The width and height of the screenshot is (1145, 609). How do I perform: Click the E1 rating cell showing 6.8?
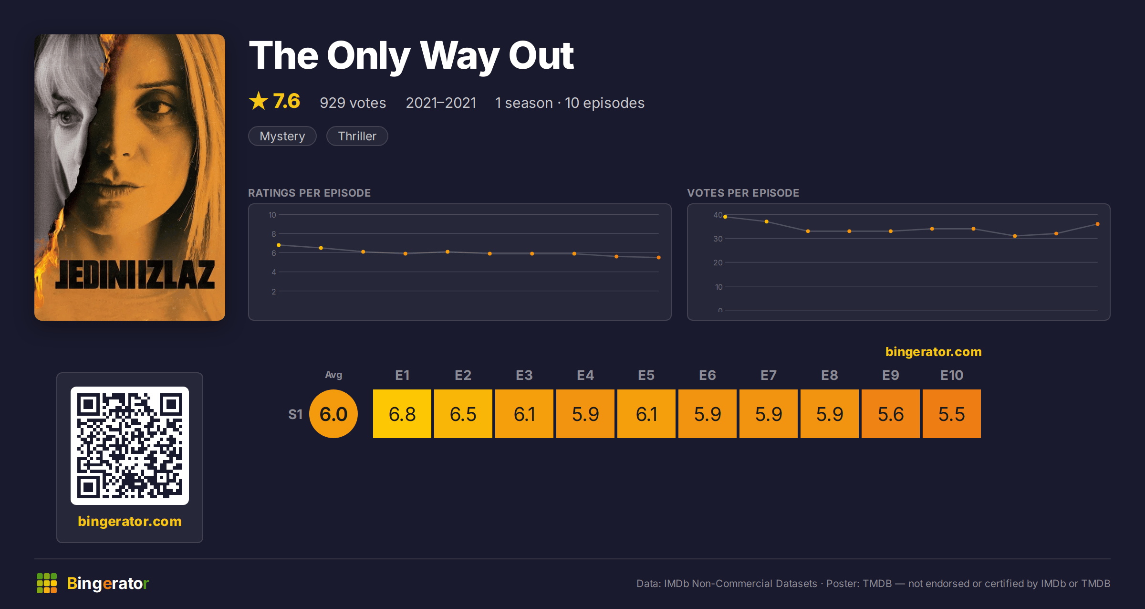pos(402,414)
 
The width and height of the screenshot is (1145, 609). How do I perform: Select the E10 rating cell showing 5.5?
pos(951,414)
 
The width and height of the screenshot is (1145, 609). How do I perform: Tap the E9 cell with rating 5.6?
pos(890,414)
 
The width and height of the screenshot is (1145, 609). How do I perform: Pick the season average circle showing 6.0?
pos(333,414)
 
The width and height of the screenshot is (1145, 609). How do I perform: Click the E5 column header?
pos(646,375)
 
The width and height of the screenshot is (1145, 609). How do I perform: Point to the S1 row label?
pos(295,414)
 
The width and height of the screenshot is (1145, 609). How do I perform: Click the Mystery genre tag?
pos(282,136)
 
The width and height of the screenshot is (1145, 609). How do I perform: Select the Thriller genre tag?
pos(357,136)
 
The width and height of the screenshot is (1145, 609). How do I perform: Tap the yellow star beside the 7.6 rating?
pos(259,101)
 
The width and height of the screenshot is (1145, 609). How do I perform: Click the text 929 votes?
pos(353,103)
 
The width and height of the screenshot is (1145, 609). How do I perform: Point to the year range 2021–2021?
pos(441,103)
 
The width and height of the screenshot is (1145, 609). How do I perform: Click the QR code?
pos(130,446)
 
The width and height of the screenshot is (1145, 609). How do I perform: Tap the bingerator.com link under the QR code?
pos(130,521)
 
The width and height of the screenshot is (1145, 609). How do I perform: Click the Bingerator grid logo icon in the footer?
pos(47,583)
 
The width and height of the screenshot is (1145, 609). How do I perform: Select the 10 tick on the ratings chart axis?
pos(272,215)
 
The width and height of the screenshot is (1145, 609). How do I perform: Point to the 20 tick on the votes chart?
pos(718,262)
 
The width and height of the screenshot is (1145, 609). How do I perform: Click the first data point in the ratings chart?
pos(279,245)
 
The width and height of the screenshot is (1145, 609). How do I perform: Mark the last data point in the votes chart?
pos(1098,224)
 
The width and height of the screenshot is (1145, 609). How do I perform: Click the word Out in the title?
pos(541,55)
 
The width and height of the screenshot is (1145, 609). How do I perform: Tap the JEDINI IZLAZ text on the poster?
pos(135,275)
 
